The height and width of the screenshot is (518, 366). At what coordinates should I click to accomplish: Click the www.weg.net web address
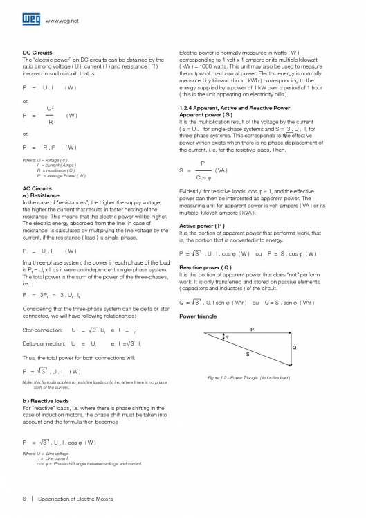(61, 21)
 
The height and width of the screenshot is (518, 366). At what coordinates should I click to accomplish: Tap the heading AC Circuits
(37, 188)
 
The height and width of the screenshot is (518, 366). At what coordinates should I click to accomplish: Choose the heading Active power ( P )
(201, 226)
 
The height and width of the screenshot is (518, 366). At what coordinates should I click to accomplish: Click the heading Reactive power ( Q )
(205, 267)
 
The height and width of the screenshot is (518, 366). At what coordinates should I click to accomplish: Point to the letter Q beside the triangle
(294, 347)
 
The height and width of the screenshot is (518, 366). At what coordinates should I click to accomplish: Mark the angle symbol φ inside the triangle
(223, 338)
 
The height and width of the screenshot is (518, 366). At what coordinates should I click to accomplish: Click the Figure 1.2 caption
(248, 377)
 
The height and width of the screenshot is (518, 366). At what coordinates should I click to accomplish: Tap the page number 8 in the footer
(25, 498)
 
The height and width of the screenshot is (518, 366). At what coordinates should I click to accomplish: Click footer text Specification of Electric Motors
(75, 498)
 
